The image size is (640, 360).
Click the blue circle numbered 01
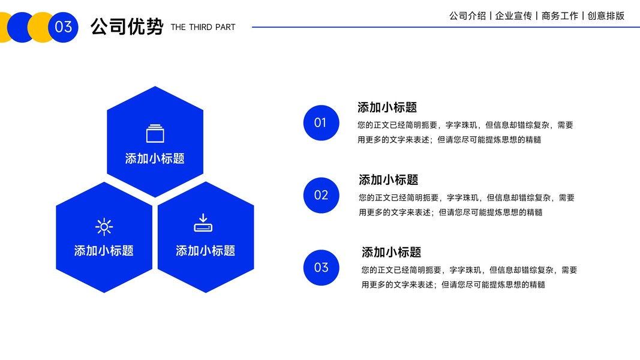pos(321,123)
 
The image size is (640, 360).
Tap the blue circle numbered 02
pos(321,195)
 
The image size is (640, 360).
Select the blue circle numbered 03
pos(321,268)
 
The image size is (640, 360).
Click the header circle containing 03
pos(63,27)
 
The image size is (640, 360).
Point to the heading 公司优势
pos(127,27)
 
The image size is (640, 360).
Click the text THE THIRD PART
pos(203,27)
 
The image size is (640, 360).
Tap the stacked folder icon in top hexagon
pos(155,133)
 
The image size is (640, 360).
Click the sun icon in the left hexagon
pos(104,226)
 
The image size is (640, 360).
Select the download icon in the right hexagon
pos(203,223)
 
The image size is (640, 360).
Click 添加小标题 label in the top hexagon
pos(155,158)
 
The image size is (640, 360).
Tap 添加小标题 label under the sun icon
pos(104,251)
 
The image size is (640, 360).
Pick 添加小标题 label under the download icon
pos(205,251)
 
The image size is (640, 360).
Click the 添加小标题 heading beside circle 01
pos(387,107)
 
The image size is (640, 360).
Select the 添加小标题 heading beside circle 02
pos(388,179)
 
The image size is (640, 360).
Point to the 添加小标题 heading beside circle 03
pos(391,252)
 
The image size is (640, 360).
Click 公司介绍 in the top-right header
pos(467,16)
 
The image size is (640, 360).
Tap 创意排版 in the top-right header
pos(606,16)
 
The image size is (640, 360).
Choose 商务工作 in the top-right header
pos(560,16)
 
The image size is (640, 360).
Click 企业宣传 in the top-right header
pos(513,16)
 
